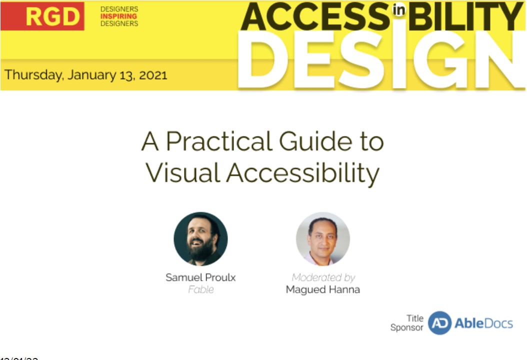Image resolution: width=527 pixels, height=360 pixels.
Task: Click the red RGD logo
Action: [42, 16]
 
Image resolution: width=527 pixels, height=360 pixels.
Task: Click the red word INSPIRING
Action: [119, 16]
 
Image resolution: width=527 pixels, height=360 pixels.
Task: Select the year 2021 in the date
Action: [153, 75]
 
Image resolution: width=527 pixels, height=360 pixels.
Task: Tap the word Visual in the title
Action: [183, 172]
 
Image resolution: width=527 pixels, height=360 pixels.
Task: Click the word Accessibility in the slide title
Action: [302, 173]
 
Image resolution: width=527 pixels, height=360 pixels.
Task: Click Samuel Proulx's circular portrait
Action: [200, 238]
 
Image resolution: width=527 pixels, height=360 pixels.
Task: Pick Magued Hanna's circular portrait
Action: [323, 238]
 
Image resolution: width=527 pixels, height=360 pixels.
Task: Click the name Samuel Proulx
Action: [200, 277]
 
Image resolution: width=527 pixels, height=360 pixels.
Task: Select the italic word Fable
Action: [200, 289]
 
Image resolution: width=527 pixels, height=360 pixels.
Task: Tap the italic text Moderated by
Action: [323, 277]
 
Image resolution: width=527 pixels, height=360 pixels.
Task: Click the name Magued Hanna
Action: [323, 289]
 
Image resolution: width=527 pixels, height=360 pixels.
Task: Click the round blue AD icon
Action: [440, 323]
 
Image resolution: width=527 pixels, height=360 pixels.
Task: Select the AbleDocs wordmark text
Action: [483, 323]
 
